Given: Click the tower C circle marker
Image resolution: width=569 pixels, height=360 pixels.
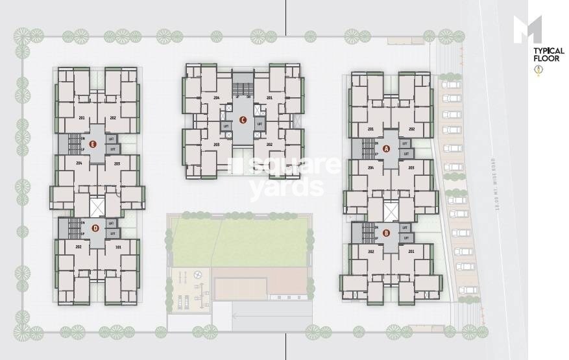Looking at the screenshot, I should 242,119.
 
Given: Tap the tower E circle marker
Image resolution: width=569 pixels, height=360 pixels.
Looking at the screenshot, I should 93,145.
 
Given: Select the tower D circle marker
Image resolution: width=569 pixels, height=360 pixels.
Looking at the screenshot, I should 95,227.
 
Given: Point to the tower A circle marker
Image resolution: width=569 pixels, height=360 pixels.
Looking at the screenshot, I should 387,148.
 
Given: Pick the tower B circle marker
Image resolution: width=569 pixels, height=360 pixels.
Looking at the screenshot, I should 386,232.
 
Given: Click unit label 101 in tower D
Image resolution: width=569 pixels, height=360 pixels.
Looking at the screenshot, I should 118,247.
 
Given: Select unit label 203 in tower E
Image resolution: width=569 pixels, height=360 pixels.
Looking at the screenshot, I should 117,163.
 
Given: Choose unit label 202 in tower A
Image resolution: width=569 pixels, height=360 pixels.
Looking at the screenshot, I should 411,129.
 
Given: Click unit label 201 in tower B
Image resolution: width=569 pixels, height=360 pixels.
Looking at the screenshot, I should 411,251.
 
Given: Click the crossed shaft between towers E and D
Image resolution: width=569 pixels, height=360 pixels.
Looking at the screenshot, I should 97,207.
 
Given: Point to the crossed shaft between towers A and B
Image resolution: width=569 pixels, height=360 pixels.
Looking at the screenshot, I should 389,212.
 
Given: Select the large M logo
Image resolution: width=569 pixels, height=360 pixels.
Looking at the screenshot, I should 528,30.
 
